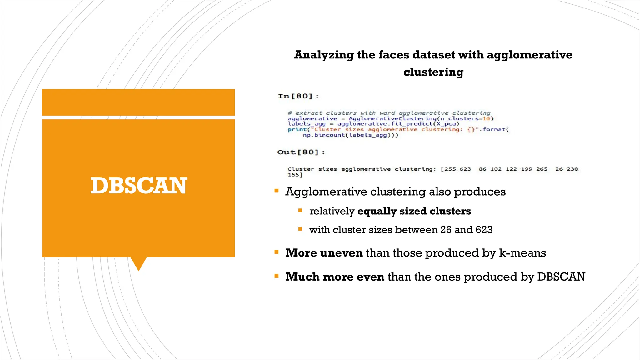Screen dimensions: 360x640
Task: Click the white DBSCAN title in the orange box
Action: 138,186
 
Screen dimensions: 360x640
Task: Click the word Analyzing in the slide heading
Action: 324,55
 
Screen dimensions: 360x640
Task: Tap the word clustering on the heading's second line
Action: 433,72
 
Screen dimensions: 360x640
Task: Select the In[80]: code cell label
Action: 298,96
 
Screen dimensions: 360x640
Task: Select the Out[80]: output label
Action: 301,152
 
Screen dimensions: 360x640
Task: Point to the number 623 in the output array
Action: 465,169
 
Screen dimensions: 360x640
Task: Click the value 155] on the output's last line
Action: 295,175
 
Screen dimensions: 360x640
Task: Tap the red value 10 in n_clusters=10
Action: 486,118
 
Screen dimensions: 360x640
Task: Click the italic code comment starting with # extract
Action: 389,113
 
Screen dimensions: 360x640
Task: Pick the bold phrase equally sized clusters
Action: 414,211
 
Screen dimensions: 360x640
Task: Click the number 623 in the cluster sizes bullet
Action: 484,230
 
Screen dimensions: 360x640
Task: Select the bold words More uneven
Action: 324,253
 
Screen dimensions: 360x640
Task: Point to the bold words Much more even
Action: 334,277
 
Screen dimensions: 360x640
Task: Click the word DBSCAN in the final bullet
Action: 561,277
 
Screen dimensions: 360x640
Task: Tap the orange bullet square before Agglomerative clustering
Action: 276,191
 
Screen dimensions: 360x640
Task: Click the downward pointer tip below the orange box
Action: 138,269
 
